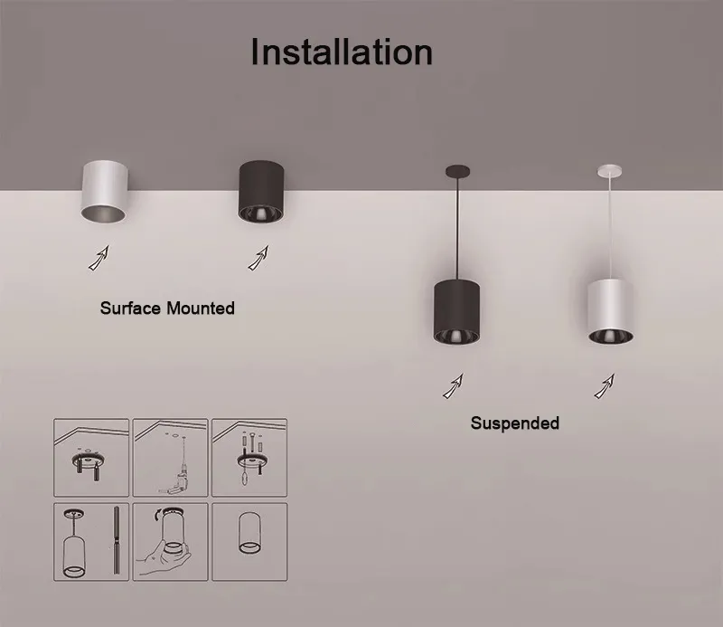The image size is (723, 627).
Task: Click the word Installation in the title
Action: click(342, 52)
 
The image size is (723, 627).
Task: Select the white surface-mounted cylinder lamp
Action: click(104, 192)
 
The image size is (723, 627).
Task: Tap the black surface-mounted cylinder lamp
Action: click(261, 192)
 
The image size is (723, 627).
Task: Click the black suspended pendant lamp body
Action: click(456, 311)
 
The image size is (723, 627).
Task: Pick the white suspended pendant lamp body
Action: click(610, 311)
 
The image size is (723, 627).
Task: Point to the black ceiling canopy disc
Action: click(457, 172)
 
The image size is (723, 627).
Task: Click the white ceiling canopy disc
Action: click(609, 171)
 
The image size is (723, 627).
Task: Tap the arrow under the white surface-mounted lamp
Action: click(99, 258)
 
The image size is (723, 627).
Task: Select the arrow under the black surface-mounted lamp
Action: click(258, 258)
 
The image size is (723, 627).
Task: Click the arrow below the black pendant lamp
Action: click(454, 386)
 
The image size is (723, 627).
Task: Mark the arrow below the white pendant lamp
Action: click(605, 386)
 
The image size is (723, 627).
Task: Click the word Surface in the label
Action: click(130, 308)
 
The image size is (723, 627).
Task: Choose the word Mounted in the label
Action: click(201, 308)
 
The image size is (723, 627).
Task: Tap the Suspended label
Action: click(515, 423)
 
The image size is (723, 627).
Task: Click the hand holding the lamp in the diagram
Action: click(163, 557)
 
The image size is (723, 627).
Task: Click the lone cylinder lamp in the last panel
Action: click(249, 533)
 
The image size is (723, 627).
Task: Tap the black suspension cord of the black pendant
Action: click(457, 229)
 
